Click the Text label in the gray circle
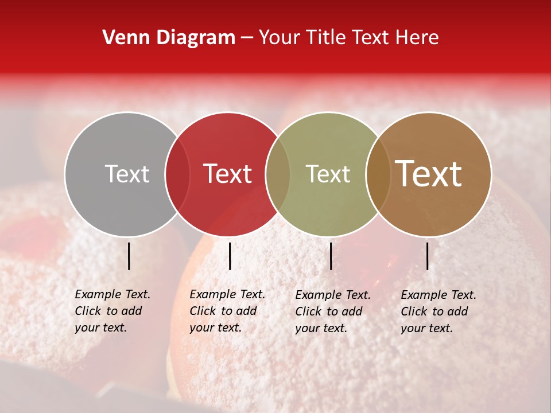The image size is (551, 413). click(x=127, y=174)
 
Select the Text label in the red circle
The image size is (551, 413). click(x=228, y=174)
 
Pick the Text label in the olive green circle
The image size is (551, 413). click(x=328, y=174)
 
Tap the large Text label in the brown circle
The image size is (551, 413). click(x=429, y=174)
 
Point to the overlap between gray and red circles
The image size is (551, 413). click(x=177, y=174)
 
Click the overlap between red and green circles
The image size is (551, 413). click(x=278, y=174)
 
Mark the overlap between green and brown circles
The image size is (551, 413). click(x=378, y=174)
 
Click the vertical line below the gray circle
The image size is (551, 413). click(x=129, y=256)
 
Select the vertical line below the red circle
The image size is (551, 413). click(x=230, y=256)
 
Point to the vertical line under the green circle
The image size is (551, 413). click(x=331, y=256)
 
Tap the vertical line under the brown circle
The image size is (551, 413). click(x=428, y=256)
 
